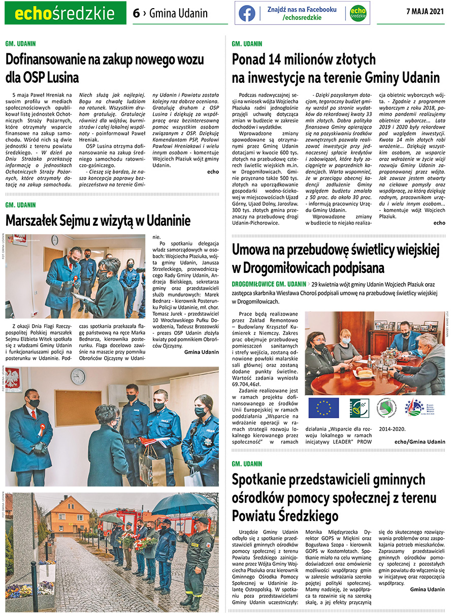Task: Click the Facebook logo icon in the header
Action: (x=247, y=13)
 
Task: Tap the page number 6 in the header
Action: (x=136, y=14)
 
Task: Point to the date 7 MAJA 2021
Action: (x=426, y=12)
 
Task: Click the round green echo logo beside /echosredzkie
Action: (x=358, y=13)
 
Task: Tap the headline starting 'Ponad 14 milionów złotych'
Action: (x=336, y=69)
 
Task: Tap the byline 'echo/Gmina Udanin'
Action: (x=419, y=442)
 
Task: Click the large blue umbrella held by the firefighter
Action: (x=177, y=504)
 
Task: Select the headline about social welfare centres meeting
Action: (x=328, y=497)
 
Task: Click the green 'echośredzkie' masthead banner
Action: (x=65, y=14)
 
